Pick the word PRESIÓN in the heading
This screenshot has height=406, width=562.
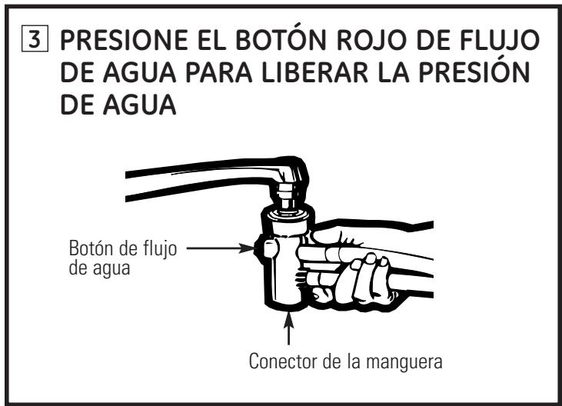476,78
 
